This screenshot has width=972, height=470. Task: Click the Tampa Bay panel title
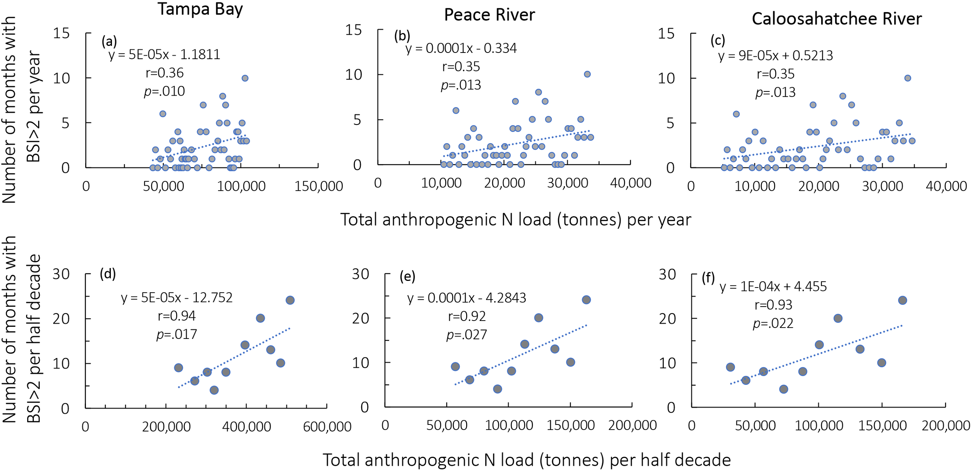coord(200,9)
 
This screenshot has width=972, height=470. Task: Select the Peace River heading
coord(489,15)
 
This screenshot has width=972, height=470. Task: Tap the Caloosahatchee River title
coord(836,19)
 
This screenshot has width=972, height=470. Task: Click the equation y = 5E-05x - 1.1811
coord(164,54)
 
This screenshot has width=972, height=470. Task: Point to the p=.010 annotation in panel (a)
coord(164,91)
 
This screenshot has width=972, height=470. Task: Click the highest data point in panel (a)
coord(245,78)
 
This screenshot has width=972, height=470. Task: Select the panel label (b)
coord(402,36)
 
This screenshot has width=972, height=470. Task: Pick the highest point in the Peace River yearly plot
coord(587,74)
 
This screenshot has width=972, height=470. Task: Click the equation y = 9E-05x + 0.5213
coord(775,56)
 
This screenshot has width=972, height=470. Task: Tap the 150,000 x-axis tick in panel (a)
coord(318,186)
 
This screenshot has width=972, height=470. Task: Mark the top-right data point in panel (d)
coord(290,300)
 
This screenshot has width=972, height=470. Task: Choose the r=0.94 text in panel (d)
coord(177,316)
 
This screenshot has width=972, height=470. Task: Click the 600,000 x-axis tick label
coord(327,427)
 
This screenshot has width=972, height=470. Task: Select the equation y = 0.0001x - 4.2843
coord(467,298)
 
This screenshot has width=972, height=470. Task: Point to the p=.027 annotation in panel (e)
coord(467,335)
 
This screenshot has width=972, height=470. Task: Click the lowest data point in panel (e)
coord(497,389)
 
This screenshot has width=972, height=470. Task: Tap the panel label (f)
coord(708,278)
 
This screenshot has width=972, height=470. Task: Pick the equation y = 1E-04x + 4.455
coord(773,287)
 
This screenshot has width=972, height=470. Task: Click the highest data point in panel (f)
coord(902,300)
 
